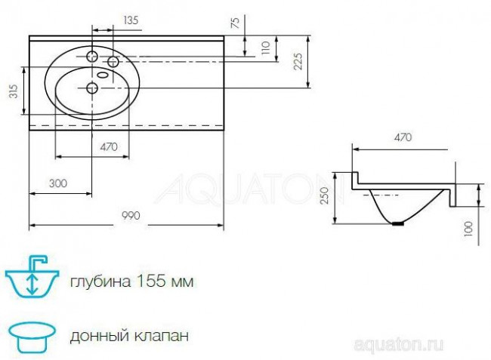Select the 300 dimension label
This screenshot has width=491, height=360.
tap(57, 183)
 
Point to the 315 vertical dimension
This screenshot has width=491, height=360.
tap(13, 91)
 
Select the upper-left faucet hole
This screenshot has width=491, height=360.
tap(91, 57)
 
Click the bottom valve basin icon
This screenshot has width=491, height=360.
tap(31, 332)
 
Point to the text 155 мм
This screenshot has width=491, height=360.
tap(165, 282)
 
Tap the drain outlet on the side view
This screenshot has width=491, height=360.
tap(400, 223)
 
